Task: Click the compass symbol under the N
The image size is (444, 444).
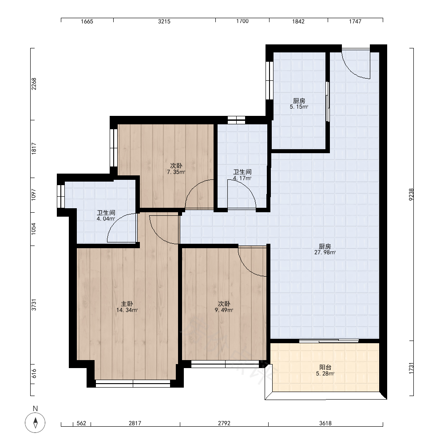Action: coord(35,423)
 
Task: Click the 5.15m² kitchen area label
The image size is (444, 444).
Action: coord(299,107)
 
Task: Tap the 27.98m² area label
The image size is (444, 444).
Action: coord(325,252)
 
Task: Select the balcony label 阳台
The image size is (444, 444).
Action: coord(325,367)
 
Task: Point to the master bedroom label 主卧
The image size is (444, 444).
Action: coord(127,304)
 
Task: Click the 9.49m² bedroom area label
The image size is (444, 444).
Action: coord(224,310)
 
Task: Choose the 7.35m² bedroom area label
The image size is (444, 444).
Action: coord(176,172)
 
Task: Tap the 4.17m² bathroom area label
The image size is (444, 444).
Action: coord(242,178)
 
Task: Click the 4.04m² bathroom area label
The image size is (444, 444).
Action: coord(106,218)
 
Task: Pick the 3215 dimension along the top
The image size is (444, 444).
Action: coord(164,21)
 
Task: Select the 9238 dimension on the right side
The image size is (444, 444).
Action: coord(411,194)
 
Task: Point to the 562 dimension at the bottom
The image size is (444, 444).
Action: coord(81,423)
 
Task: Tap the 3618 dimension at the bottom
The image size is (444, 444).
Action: coord(325,423)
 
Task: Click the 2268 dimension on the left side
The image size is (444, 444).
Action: coord(34,84)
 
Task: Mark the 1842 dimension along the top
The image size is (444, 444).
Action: coord(298,21)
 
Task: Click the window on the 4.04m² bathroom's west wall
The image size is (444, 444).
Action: coord(60,196)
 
